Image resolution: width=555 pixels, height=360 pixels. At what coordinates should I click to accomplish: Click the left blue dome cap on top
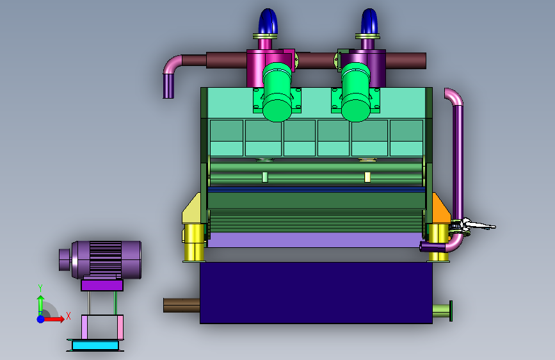pos(268,21)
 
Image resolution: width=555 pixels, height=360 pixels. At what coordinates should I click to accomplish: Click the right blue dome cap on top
pos(369,21)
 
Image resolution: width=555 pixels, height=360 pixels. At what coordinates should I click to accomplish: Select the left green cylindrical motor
pos(277,92)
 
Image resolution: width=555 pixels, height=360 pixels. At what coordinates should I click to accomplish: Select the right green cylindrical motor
pos(356,92)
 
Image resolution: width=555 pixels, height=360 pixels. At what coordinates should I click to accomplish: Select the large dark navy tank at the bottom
pos(316,293)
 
